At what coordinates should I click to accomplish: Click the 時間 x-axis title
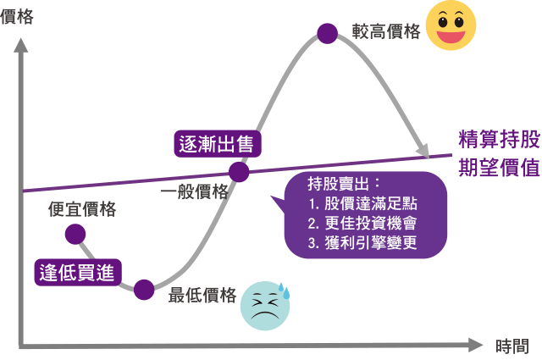pos(513,346)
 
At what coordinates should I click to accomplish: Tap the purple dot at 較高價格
pos(327,33)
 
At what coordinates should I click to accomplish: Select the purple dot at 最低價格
pos(144,290)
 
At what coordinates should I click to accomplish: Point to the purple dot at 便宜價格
pos(75,234)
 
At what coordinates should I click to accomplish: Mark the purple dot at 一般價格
pos(239,172)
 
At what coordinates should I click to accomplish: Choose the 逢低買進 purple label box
pos(78,271)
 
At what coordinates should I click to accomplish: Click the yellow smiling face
pos(451,26)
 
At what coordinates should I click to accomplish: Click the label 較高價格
pos(386,32)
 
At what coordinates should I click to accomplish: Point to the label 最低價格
pos(202,295)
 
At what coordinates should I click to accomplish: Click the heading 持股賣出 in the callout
pos(343,184)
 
